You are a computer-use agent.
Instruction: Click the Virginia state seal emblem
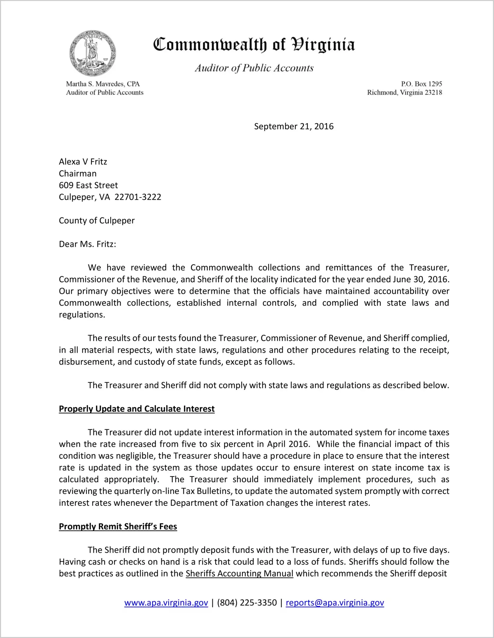93,53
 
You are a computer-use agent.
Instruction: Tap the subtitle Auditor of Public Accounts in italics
254,68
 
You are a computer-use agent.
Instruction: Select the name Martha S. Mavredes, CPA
103,84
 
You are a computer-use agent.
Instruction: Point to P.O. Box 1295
421,84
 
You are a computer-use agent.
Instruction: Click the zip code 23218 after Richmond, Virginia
433,93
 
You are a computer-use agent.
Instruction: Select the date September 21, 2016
294,127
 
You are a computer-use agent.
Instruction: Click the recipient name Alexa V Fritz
83,162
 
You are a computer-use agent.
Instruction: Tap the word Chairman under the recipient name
78,173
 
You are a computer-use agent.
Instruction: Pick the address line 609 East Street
88,185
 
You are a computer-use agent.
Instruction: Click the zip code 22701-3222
138,197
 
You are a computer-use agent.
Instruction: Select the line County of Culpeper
97,221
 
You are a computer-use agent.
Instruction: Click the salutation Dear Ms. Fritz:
87,244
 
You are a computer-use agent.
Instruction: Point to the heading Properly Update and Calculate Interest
137,409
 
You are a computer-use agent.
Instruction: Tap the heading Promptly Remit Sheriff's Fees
118,527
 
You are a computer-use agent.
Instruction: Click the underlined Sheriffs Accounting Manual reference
239,574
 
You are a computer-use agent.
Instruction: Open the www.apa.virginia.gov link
166,603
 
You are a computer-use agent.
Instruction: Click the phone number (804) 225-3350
247,603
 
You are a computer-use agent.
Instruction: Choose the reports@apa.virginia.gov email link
335,603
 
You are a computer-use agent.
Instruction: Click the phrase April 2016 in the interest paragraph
288,444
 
